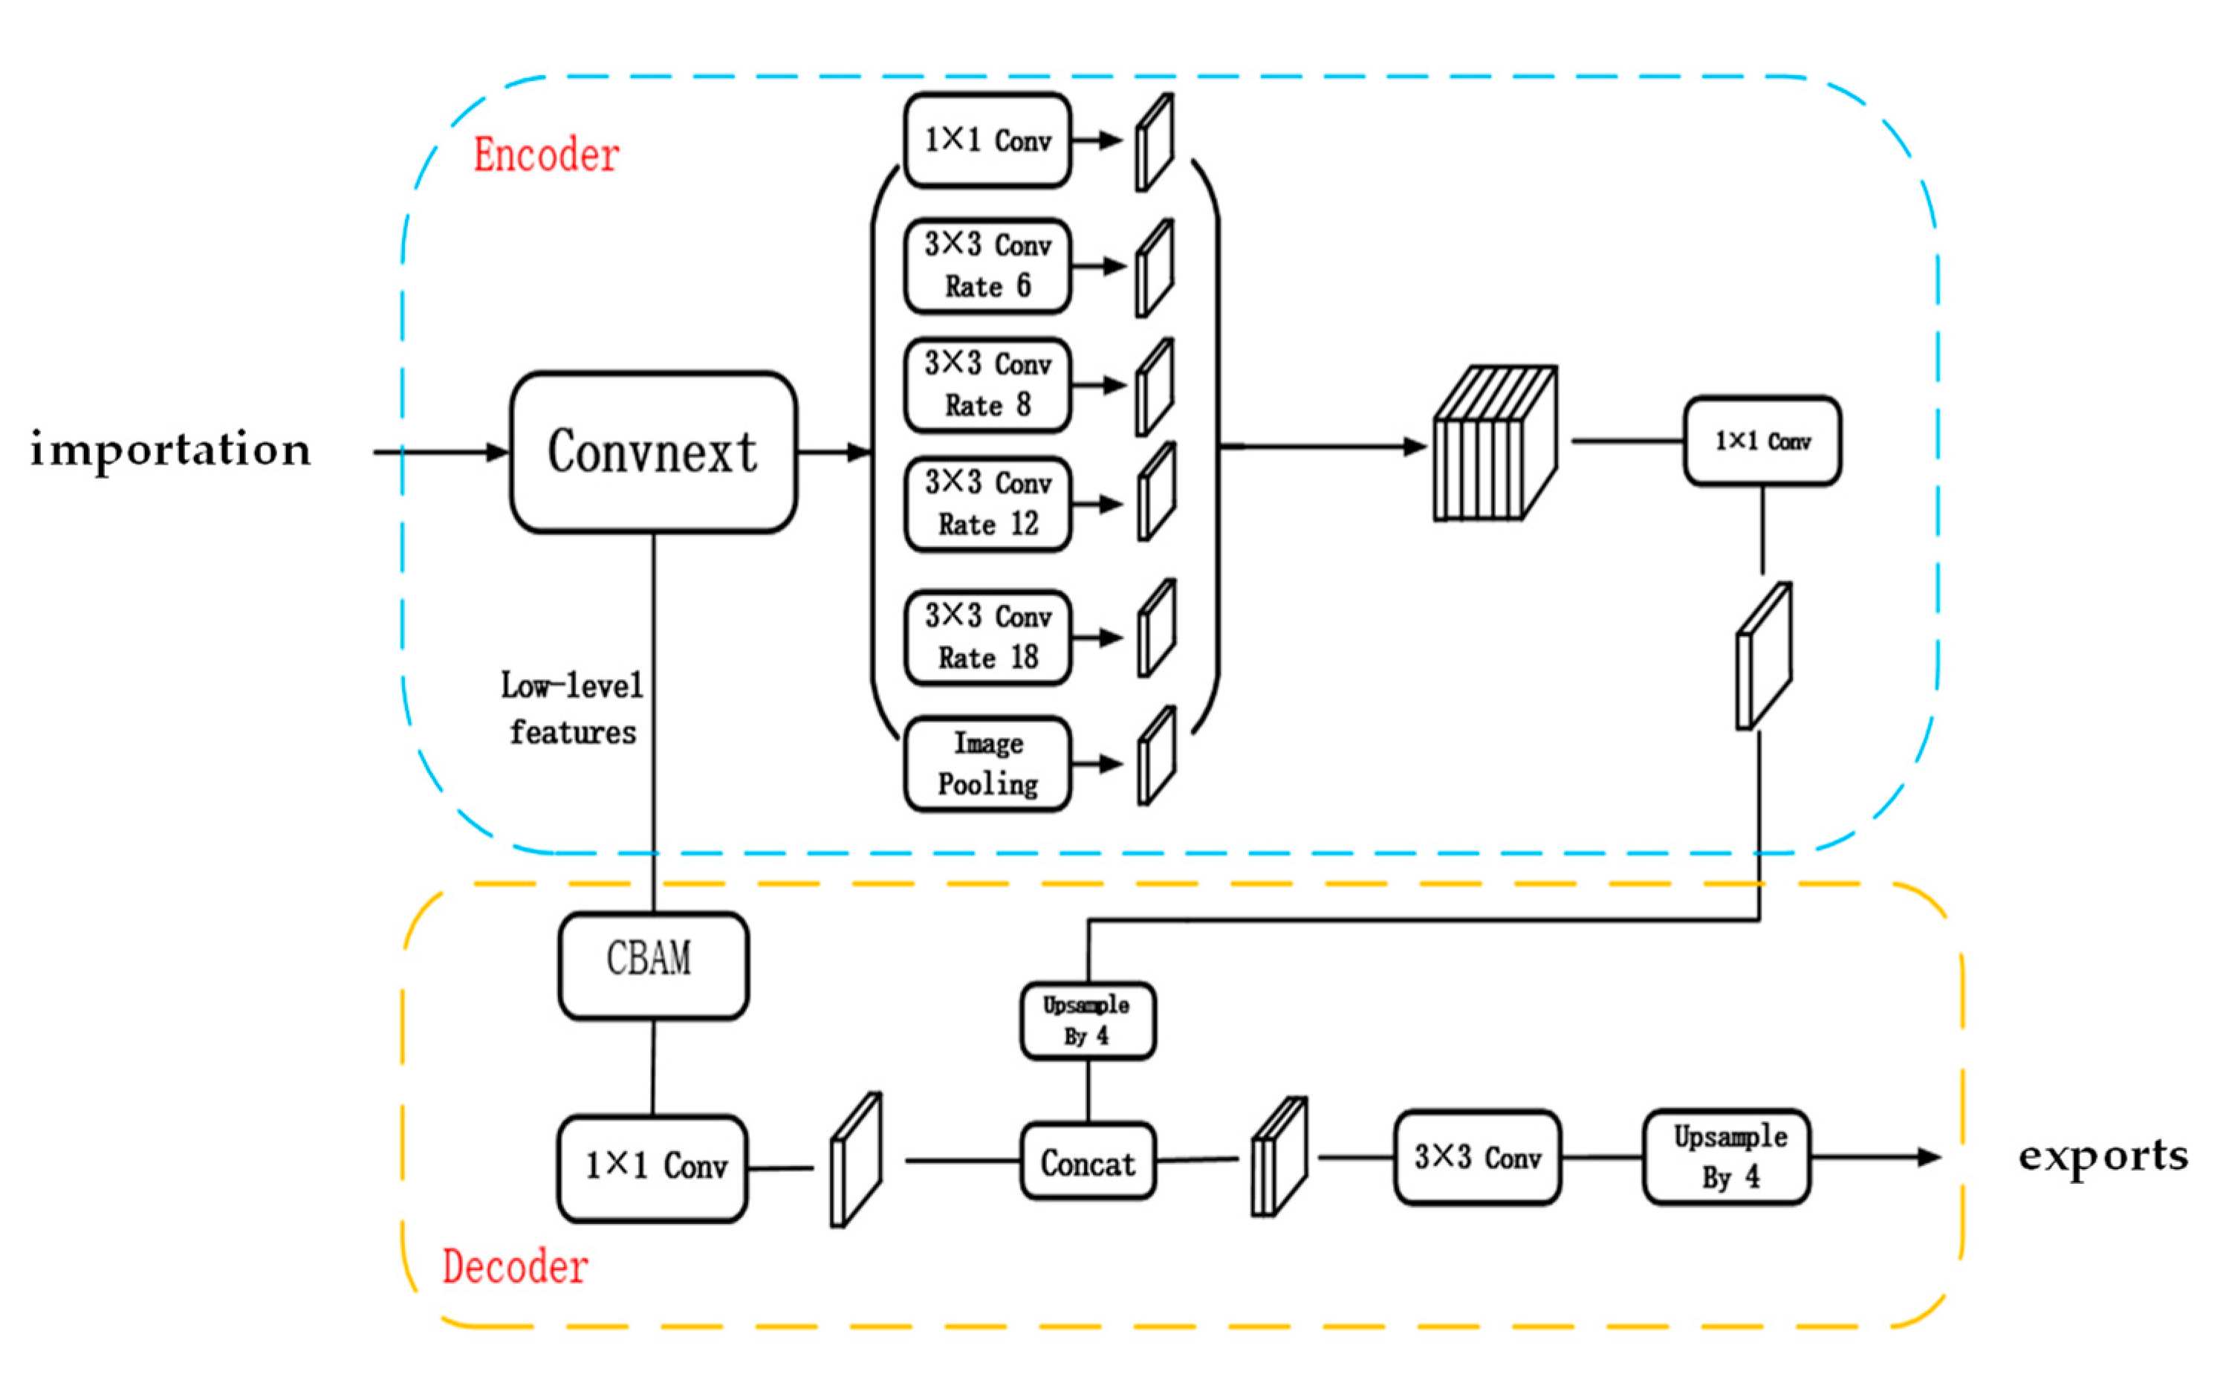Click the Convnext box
(653, 452)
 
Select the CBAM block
(653, 965)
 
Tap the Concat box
(1087, 1161)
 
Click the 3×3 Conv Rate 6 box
(987, 265)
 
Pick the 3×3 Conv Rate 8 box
(987, 384)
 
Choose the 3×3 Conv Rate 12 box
(987, 503)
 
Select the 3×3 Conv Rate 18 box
(987, 637)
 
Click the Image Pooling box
(987, 763)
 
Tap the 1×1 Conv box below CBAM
(653, 1168)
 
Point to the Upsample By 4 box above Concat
(1087, 1020)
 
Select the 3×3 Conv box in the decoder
(1476, 1156)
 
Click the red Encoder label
(545, 155)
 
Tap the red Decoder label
(514, 1266)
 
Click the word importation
(171, 449)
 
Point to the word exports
(2102, 1156)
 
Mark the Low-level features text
(571, 708)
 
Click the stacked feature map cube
(1494, 444)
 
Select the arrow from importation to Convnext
(441, 452)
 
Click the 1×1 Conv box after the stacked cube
(1762, 441)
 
